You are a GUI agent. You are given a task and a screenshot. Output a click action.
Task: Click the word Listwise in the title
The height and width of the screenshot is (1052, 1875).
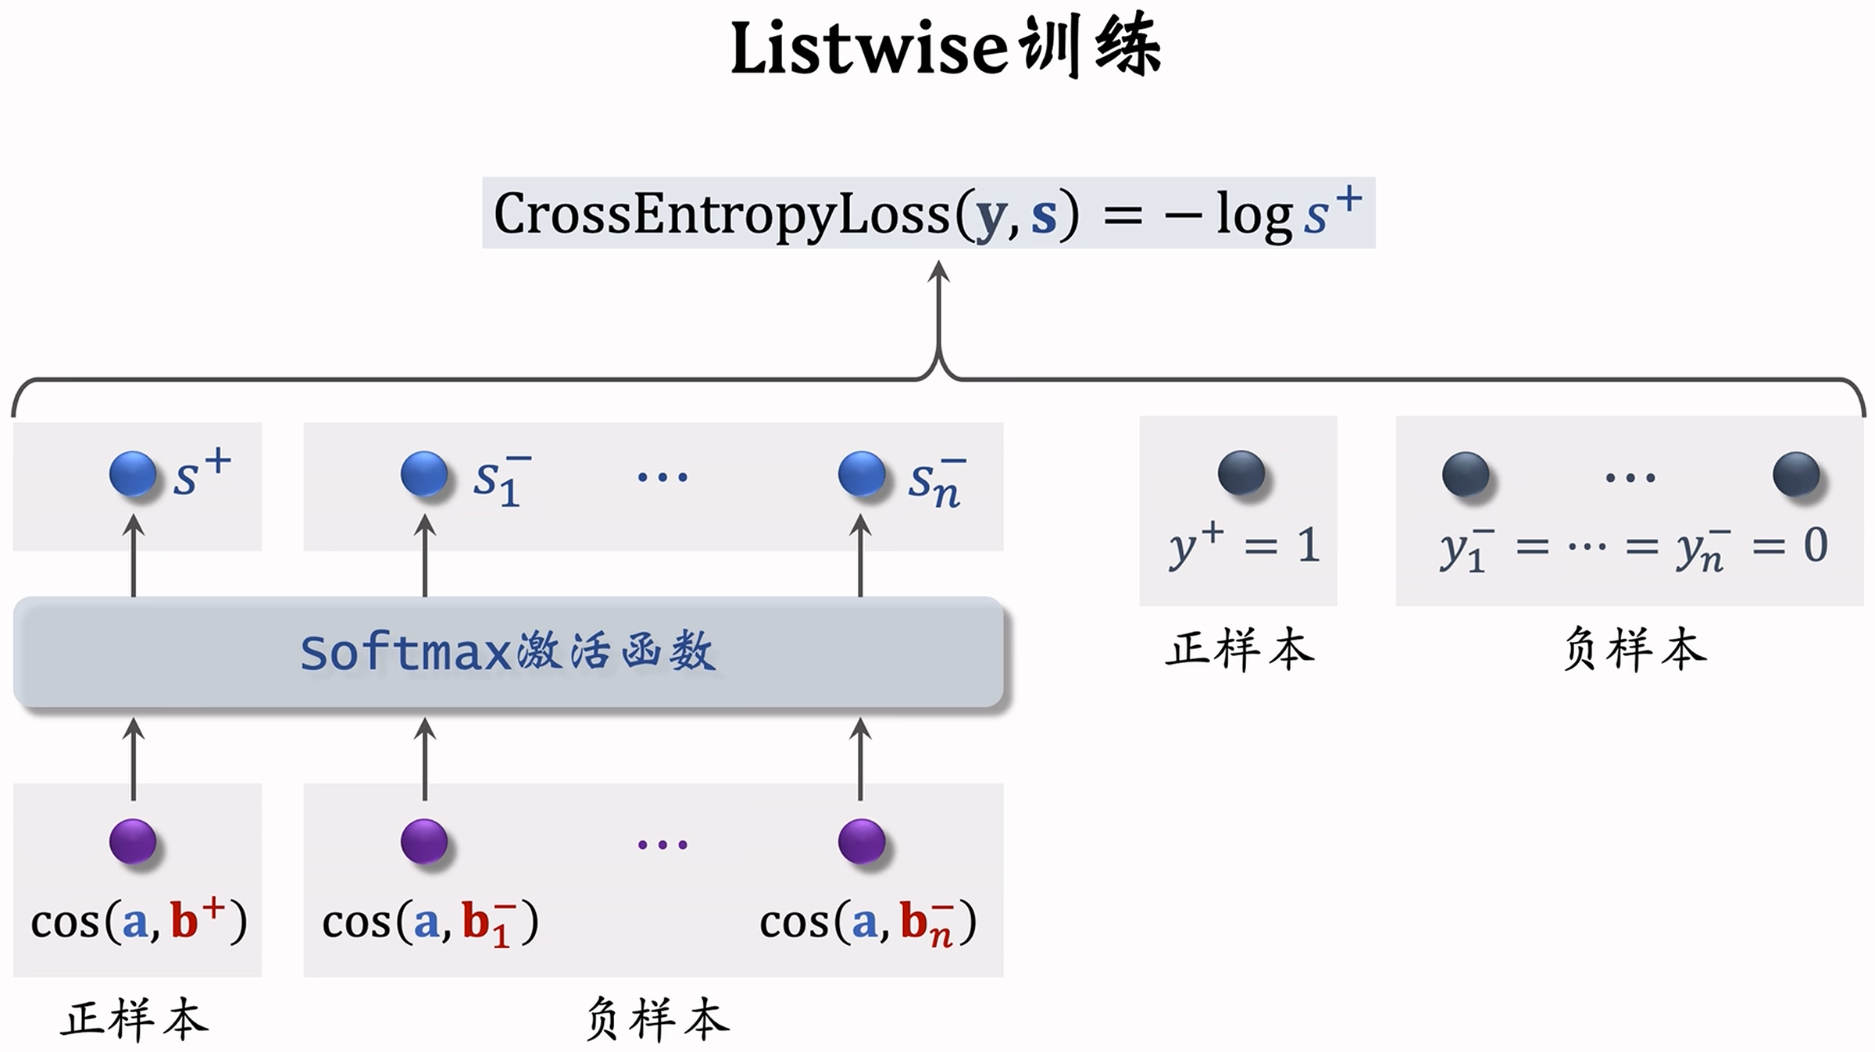point(867,48)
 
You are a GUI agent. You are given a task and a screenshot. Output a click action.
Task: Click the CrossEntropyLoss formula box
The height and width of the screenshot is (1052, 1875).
point(928,213)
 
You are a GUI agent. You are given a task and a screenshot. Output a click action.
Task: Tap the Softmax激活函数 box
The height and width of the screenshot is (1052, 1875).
point(508,652)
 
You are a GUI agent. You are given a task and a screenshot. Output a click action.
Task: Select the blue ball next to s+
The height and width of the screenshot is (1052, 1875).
point(133,474)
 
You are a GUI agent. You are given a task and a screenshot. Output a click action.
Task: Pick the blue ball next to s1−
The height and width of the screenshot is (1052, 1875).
point(424,474)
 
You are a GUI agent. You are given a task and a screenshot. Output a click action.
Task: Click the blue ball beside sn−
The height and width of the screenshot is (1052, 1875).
point(861,474)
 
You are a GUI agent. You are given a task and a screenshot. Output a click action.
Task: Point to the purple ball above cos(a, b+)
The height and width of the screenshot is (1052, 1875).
point(133,841)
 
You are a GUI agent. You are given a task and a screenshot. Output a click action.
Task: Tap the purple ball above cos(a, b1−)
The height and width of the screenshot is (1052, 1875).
point(424,841)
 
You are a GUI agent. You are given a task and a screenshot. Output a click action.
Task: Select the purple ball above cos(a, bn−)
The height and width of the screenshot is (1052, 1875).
point(861,841)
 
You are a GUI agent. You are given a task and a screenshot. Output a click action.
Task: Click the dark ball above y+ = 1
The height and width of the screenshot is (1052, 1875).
point(1241,473)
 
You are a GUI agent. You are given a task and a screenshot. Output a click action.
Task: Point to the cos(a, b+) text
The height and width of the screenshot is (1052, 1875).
point(138,922)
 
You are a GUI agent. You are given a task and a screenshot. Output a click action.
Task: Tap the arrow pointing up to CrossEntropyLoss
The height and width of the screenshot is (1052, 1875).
point(938,312)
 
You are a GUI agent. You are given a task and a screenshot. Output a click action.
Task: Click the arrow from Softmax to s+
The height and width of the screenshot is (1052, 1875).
point(134,556)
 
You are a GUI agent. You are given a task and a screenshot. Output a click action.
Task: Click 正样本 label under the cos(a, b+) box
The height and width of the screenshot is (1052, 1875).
point(134,1019)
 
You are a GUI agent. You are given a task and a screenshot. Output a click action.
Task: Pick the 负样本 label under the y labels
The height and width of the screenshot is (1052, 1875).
point(1634,650)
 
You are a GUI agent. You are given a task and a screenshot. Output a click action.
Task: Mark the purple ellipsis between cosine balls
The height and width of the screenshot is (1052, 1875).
point(662,844)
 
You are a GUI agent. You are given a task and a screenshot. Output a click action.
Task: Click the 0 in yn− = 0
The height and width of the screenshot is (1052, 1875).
point(1816,545)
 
